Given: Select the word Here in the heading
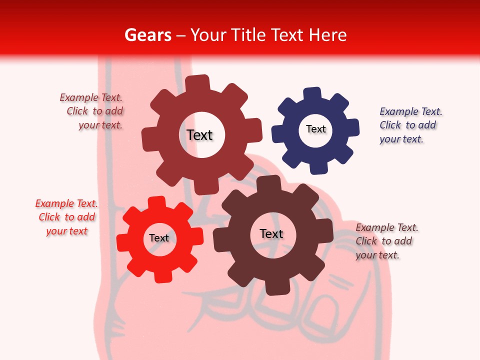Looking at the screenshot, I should click(328, 35).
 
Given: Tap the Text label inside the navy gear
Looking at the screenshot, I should click(316, 129).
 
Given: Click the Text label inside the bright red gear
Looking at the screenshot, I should click(159, 238).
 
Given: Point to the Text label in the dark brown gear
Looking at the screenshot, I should click(271, 233).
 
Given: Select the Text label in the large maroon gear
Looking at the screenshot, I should click(199, 135).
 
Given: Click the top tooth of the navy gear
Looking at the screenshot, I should click(312, 94).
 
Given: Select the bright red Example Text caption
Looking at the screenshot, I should click(66, 217).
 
